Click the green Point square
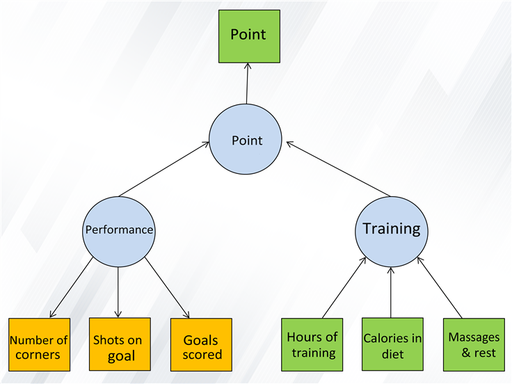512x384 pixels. coord(249,36)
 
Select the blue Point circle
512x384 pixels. coord(246,139)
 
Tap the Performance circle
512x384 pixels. coord(119,232)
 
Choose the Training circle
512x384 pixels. coord(392,232)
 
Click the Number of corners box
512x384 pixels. coord(39,344)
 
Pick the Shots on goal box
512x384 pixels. coord(120,344)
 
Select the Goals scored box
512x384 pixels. coord(201,344)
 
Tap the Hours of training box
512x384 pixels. coord(312,344)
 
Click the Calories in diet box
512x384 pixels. coord(392,344)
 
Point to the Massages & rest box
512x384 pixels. coord(474,344)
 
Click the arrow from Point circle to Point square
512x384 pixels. coord(247,83)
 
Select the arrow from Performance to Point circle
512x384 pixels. coord(164,169)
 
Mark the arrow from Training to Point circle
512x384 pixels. coord(338,169)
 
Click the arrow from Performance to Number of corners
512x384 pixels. coord(72,287)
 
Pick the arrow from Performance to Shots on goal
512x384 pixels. coord(118,292)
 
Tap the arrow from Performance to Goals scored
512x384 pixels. coord(167,287)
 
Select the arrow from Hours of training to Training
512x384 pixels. coord(344,287)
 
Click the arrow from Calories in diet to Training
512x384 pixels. coord(391,292)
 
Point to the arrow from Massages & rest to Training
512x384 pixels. coord(440,287)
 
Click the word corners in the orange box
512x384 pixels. coord(38,355)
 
